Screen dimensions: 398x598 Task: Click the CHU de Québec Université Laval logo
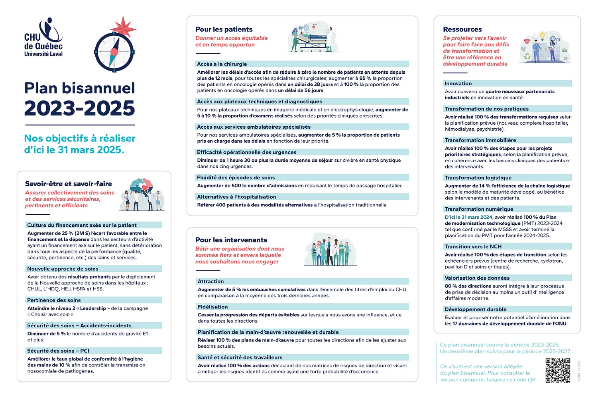pyautogui.click(x=43, y=37)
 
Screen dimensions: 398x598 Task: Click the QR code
pyautogui.click(x=557, y=370)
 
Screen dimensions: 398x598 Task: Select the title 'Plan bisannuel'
pyautogui.click(x=80, y=88)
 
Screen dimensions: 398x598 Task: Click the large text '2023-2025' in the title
pyautogui.click(x=80, y=108)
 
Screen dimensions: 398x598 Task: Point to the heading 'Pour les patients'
pyautogui.click(x=224, y=29)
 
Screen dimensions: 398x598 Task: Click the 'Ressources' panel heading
pyautogui.click(x=462, y=29)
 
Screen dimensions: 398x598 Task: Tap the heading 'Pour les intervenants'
pyautogui.click(x=231, y=240)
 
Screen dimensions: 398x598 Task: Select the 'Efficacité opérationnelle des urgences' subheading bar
pyautogui.click(x=246, y=152)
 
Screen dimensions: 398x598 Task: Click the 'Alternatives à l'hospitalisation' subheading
pyautogui.click(x=236, y=197)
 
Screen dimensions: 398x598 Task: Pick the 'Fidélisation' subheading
pyautogui.click(x=213, y=307)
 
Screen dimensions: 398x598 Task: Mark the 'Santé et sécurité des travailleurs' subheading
pyautogui.click(x=240, y=357)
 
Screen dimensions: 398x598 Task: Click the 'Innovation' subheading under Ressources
pyautogui.click(x=458, y=84)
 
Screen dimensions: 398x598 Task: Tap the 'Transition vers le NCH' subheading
pyautogui.click(x=473, y=247)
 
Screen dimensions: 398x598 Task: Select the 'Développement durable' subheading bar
pyautogui.click(x=476, y=310)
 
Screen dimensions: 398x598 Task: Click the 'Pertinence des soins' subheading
pyautogui.click(x=54, y=300)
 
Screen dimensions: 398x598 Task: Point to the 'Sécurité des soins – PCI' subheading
pyautogui.click(x=58, y=351)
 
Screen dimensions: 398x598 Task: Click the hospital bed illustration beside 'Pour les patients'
pyautogui.click(x=313, y=38)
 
